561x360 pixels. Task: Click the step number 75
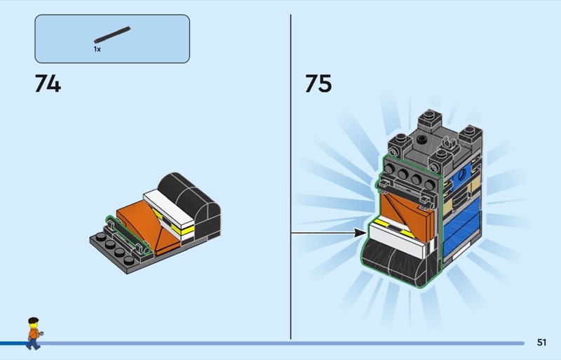click(x=318, y=84)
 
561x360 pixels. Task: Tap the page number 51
click(x=541, y=342)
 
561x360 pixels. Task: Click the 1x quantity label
click(x=97, y=50)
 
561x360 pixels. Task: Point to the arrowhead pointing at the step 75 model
click(x=360, y=232)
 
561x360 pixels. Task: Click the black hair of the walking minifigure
click(x=32, y=321)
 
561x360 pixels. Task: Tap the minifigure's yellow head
click(x=33, y=326)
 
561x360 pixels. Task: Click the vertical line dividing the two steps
click(x=290, y=175)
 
